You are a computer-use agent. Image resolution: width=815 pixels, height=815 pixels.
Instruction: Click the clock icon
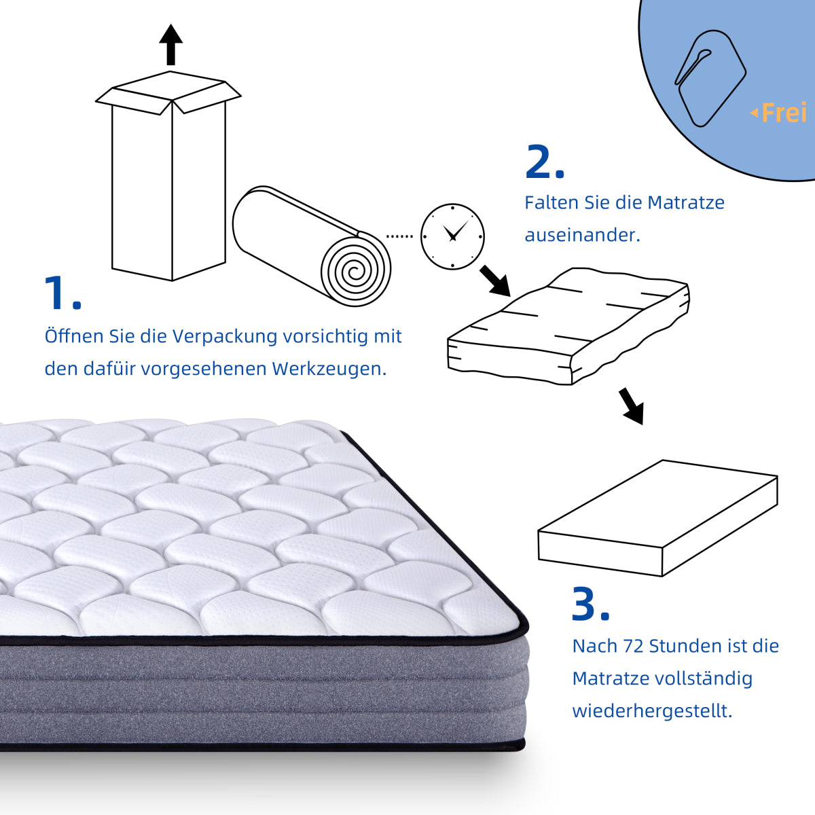[x=452, y=236]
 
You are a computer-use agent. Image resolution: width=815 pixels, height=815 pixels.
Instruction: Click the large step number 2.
[x=544, y=163]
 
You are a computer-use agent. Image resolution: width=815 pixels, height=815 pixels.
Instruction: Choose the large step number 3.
[x=590, y=604]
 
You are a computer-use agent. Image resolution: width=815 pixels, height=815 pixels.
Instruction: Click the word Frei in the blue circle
[x=783, y=113]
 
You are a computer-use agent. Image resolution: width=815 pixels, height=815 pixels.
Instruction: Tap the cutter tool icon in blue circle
[x=709, y=77]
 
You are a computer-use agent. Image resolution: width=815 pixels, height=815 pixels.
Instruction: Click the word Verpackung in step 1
[x=224, y=336]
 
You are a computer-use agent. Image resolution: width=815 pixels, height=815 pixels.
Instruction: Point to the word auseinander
[x=581, y=235]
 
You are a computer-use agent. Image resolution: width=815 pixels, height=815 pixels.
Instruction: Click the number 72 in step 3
[x=633, y=646]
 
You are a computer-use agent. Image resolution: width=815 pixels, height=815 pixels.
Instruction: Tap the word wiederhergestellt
[x=651, y=711]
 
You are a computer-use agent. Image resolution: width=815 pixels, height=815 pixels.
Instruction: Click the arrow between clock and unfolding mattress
[x=495, y=280]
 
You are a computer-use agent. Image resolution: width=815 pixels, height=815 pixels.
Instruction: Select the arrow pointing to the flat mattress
[x=631, y=406]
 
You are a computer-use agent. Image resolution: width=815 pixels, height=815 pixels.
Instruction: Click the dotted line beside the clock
[x=399, y=236]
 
